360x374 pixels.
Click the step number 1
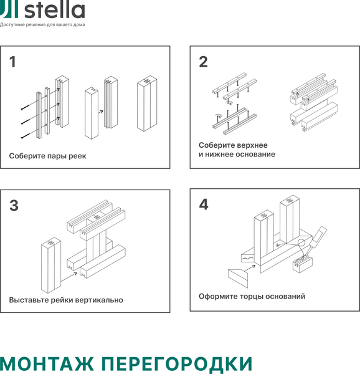12,62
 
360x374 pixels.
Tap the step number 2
203,62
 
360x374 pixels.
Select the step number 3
14,205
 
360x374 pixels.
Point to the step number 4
204,205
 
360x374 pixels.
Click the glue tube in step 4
318,237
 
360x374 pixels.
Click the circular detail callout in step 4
303,243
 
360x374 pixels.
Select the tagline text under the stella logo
42,25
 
